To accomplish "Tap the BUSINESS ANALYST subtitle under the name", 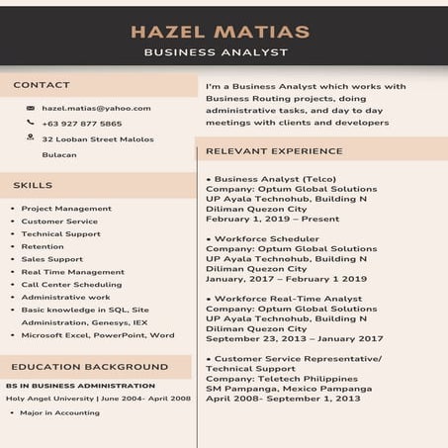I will (x=216, y=52).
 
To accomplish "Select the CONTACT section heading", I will (x=42, y=85).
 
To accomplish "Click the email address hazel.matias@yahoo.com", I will (x=96, y=108).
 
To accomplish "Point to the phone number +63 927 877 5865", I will (x=82, y=124).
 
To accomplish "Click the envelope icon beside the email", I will (x=31, y=108).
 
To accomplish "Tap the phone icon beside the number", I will (x=31, y=124).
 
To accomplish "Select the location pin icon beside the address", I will (x=31, y=138).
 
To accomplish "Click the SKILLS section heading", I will (x=33, y=185).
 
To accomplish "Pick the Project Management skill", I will (x=66, y=209).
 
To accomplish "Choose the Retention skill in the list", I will (x=43, y=246).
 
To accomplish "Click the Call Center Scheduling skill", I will (x=71, y=284).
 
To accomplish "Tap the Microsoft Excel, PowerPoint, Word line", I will (x=97, y=334).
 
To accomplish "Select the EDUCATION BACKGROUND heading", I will (x=83, y=367).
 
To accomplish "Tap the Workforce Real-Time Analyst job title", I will (x=288, y=298).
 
